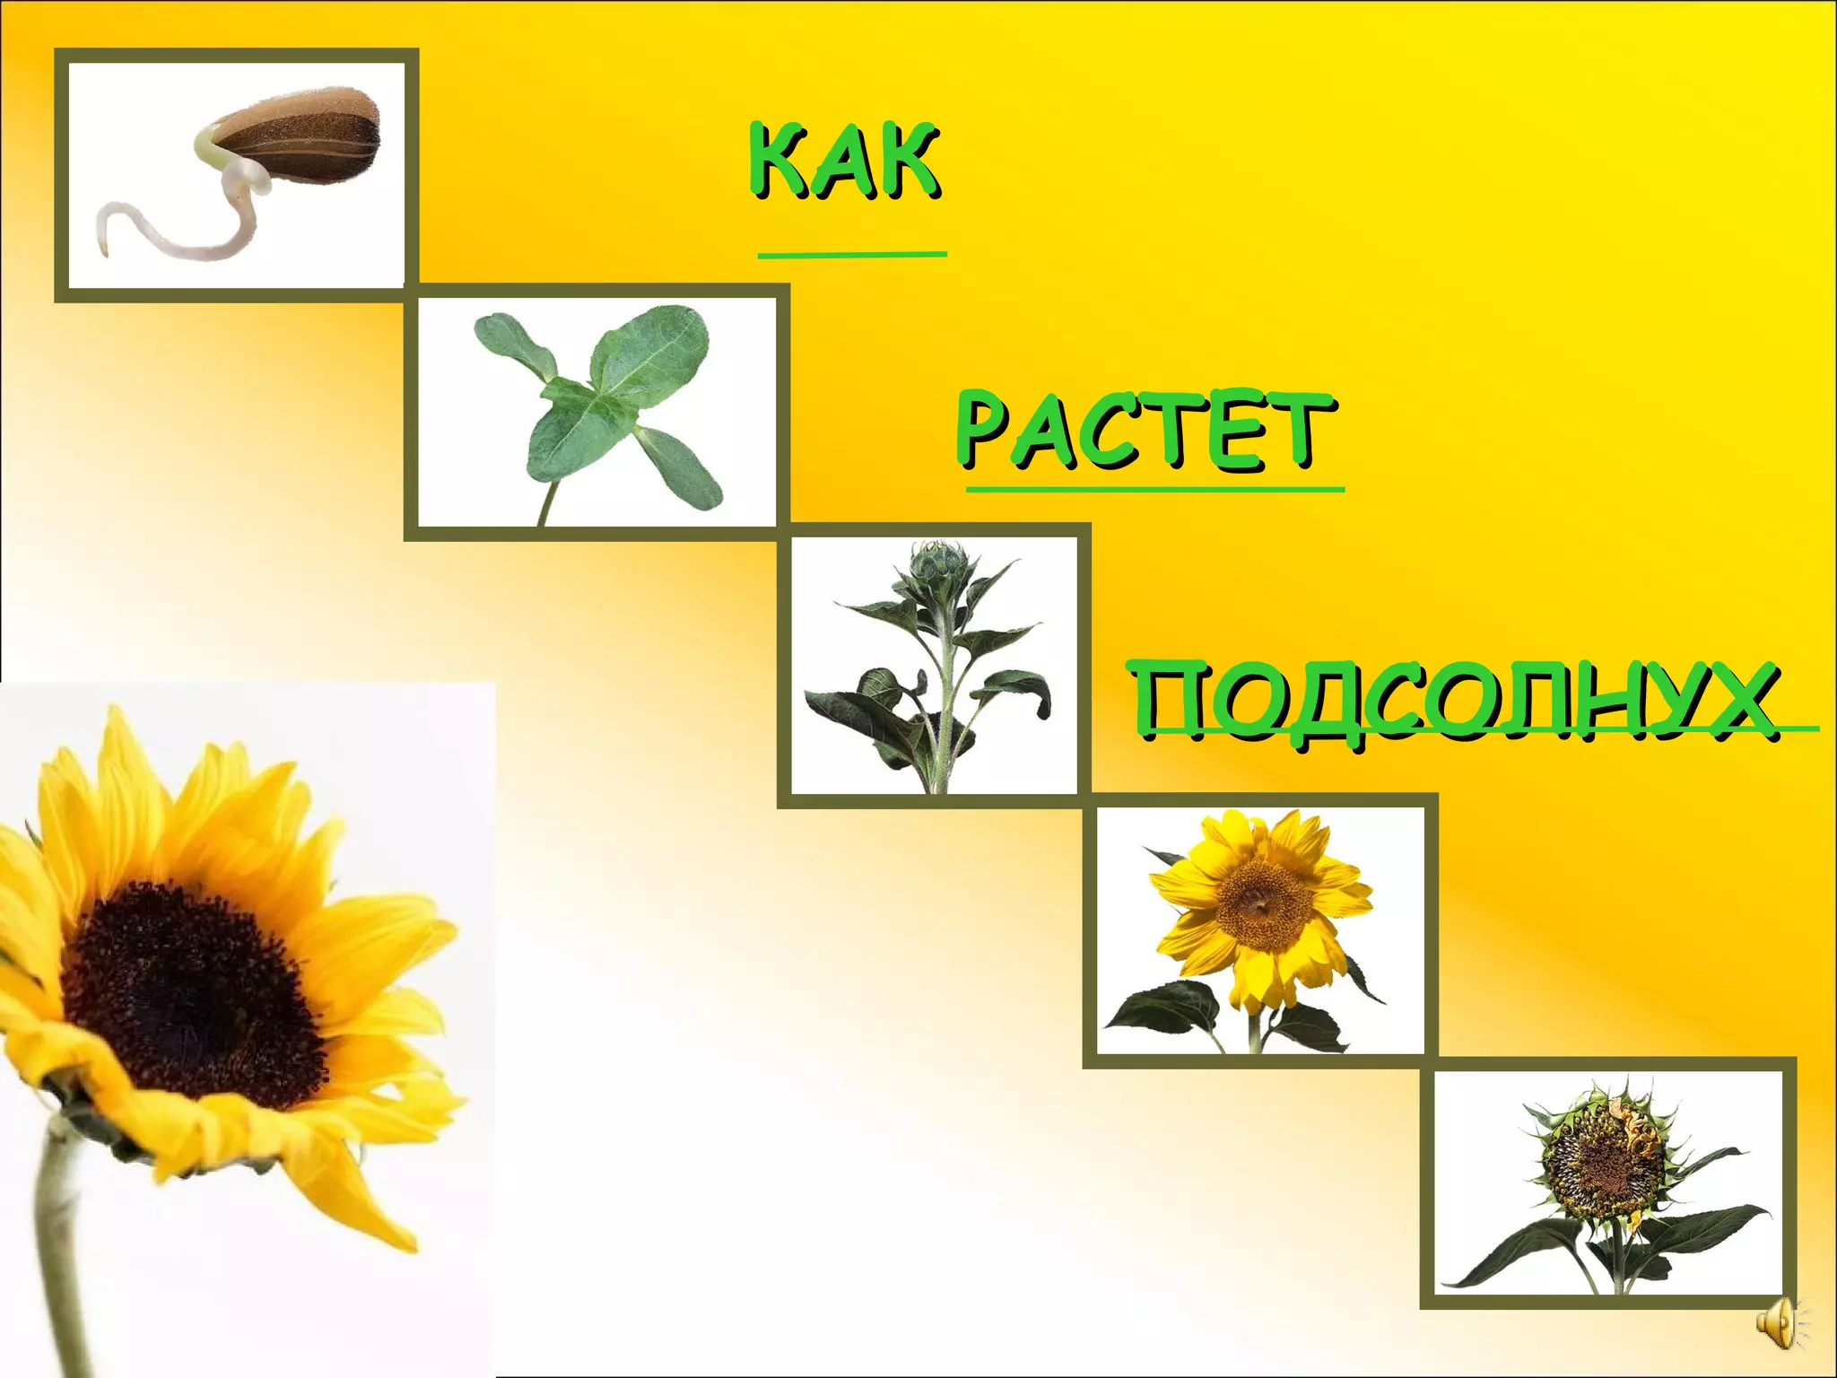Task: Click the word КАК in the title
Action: tap(846, 161)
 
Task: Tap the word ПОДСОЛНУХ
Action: tap(1453, 700)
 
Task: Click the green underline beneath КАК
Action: tap(852, 255)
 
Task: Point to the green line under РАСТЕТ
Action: tap(1154, 490)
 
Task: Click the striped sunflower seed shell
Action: tap(305, 135)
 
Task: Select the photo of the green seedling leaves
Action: tap(596, 413)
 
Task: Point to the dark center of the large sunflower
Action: tap(188, 982)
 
